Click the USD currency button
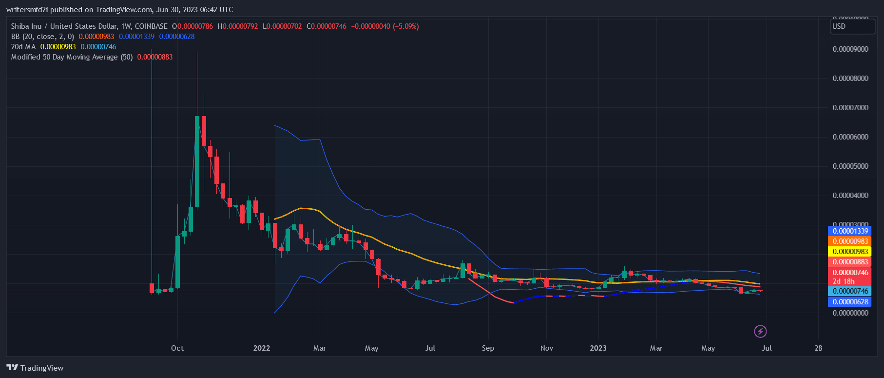(852, 26)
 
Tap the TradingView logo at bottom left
(35, 368)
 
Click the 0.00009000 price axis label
(850, 49)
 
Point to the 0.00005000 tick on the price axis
(850, 166)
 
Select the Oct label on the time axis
(177, 348)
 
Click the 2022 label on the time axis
(262, 348)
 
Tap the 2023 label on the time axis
(598, 348)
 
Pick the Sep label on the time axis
(488, 348)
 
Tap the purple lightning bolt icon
(760, 332)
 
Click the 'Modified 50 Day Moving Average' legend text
(72, 57)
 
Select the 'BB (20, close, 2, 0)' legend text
(42, 37)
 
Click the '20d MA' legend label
(23, 47)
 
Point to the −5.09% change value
(405, 26)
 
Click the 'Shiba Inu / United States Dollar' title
(64, 26)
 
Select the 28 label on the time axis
(818, 348)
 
